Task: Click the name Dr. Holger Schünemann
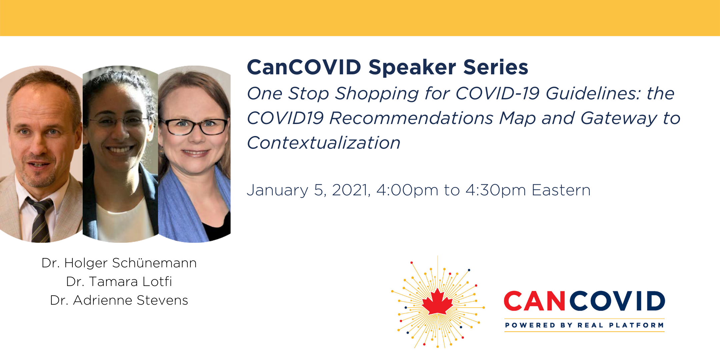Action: (119, 263)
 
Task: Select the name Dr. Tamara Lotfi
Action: (119, 282)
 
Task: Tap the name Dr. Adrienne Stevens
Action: (119, 300)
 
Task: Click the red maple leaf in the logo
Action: (437, 302)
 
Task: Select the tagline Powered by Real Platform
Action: (584, 325)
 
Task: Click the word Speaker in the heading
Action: (412, 68)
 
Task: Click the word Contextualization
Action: (324, 143)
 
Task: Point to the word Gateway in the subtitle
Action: (619, 119)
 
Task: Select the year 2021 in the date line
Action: (351, 190)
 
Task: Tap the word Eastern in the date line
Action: (561, 190)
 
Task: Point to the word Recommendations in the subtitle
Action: (411, 118)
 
